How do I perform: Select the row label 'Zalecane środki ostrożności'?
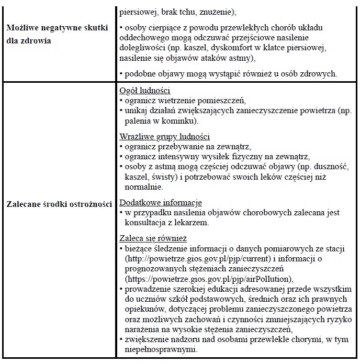59,204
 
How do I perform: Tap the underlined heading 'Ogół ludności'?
145,91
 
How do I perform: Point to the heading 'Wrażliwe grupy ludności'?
165,136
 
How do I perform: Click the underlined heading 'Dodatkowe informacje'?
161,202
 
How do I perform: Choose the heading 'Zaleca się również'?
150,237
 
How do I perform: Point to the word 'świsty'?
166,177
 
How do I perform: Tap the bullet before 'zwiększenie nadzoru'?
121,339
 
